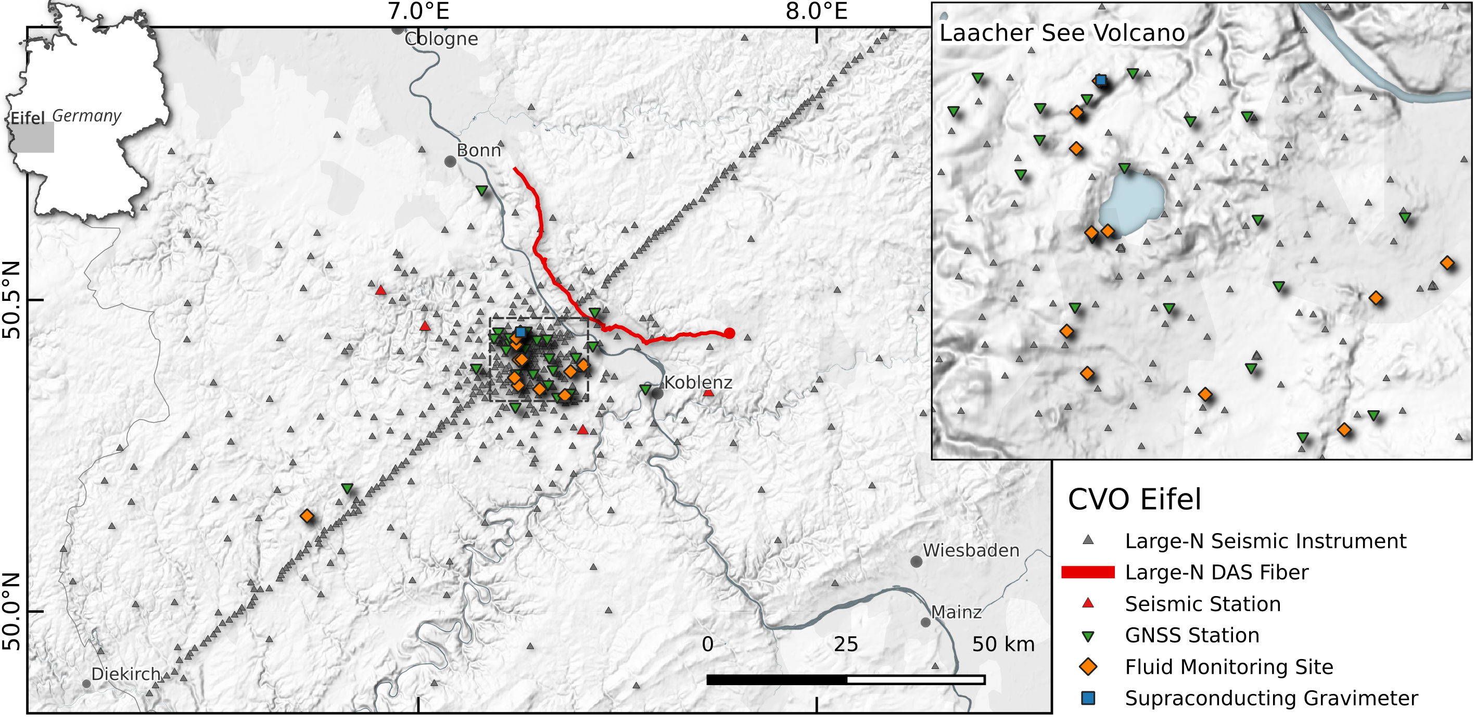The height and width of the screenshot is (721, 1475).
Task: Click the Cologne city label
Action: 441,39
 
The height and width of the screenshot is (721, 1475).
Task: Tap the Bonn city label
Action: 479,150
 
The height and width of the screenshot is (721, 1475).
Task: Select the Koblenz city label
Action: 698,382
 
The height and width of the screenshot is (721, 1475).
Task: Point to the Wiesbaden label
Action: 971,550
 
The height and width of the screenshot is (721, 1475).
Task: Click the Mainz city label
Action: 956,612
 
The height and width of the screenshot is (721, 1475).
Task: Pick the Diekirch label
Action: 126,674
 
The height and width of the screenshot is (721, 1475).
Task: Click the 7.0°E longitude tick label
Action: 418,11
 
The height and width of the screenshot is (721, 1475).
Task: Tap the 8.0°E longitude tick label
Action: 817,11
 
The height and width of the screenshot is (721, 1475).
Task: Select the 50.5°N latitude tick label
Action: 11,299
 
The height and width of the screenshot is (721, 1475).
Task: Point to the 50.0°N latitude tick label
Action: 11,611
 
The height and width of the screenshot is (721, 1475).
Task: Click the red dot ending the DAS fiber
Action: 730,333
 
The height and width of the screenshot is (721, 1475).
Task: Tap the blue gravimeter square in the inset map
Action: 1100,80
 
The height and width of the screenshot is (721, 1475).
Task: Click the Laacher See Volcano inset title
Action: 1062,33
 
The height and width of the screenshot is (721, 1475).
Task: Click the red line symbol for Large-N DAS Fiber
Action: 1088,572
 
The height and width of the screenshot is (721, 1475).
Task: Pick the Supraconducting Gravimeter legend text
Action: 1271,698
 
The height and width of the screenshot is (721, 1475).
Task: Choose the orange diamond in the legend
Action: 1088,666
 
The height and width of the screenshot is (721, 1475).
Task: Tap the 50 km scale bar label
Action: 1003,644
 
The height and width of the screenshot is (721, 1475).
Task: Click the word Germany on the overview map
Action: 86,116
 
